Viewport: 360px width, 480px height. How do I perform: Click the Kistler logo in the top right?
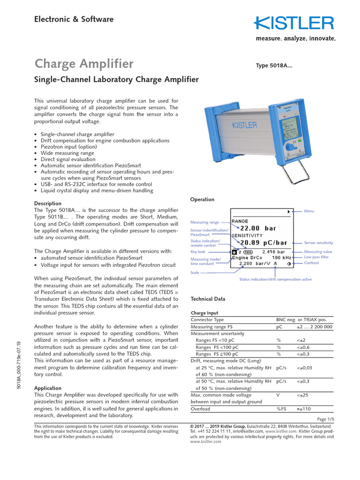click(294, 23)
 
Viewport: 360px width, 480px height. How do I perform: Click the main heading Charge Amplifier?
click(84, 64)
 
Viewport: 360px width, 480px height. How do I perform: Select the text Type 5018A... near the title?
click(274, 66)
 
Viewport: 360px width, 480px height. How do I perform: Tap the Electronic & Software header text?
click(74, 19)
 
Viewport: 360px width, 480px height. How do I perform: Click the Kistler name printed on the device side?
click(244, 125)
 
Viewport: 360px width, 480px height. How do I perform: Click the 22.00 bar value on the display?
click(258, 228)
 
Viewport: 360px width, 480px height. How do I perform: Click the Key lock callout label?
click(198, 252)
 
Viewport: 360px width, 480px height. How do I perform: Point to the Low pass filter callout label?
click(316, 257)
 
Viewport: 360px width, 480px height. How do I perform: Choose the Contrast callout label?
click(311, 263)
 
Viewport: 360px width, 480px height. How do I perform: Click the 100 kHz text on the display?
click(283, 257)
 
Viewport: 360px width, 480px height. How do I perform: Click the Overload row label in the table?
click(201, 409)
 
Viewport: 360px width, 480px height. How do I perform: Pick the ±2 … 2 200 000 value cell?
click(314, 327)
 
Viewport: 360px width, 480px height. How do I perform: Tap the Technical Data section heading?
click(208, 299)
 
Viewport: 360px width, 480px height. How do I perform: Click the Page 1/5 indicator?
click(325, 419)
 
